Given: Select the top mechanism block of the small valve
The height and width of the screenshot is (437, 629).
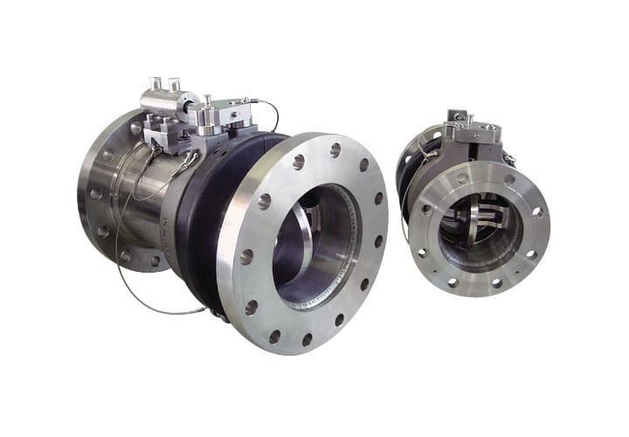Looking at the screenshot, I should tap(473, 133).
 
